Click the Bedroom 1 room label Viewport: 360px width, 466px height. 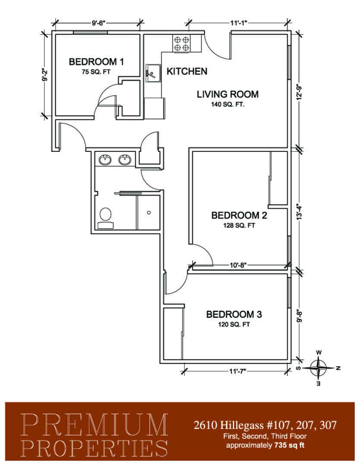click(x=96, y=62)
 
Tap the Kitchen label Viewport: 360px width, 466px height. click(x=187, y=71)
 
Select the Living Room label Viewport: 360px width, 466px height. click(x=228, y=94)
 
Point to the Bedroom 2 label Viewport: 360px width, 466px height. click(x=239, y=215)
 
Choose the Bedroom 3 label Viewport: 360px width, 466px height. click(x=234, y=315)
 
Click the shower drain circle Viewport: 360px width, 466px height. click(x=149, y=212)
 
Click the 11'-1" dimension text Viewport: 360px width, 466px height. click(x=239, y=23)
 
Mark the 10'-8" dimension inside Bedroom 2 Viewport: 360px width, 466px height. click(x=238, y=265)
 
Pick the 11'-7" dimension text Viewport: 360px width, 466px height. click(x=238, y=371)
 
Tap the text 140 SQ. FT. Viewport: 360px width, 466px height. click(x=228, y=104)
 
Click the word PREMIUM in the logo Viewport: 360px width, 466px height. click(x=95, y=425)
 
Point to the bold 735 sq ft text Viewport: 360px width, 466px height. click(x=290, y=445)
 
